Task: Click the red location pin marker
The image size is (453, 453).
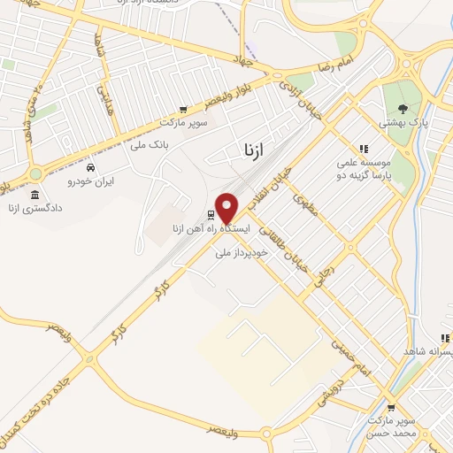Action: (x=227, y=208)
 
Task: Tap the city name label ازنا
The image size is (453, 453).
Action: (x=253, y=150)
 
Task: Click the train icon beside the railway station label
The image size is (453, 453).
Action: (x=211, y=215)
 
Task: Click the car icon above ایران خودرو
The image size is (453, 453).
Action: (x=91, y=166)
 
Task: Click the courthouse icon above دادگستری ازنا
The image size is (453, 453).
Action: (x=35, y=195)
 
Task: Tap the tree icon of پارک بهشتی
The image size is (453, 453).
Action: (x=403, y=109)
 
